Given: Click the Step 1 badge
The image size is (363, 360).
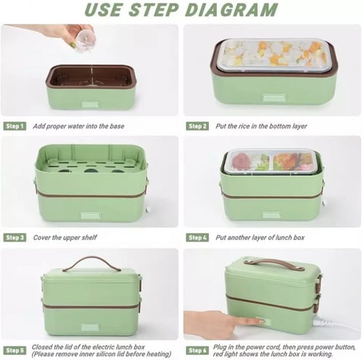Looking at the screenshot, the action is (x=15, y=126).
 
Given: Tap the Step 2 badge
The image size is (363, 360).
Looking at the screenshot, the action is (x=197, y=126).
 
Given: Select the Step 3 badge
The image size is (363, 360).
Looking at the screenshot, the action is (x=15, y=237).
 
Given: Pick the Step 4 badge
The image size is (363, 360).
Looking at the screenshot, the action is (x=197, y=237).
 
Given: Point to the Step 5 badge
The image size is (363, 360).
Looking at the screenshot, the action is (x=15, y=351).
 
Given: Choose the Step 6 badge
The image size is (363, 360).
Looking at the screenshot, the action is (x=197, y=351).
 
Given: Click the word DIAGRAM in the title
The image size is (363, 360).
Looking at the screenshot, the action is (x=232, y=9).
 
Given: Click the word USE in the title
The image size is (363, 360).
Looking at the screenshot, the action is (x=103, y=9).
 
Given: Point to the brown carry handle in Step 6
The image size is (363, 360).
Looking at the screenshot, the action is (x=274, y=263).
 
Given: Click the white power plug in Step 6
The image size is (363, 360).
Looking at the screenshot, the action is (x=325, y=323).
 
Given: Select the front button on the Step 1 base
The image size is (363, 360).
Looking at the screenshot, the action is (x=90, y=105).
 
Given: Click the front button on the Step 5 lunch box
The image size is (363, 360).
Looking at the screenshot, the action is (x=90, y=327).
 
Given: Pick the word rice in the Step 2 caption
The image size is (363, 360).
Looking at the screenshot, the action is (x=244, y=126).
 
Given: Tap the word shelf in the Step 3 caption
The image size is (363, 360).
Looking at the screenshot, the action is (x=89, y=237).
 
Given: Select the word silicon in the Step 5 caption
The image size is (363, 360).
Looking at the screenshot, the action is (x=103, y=354).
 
